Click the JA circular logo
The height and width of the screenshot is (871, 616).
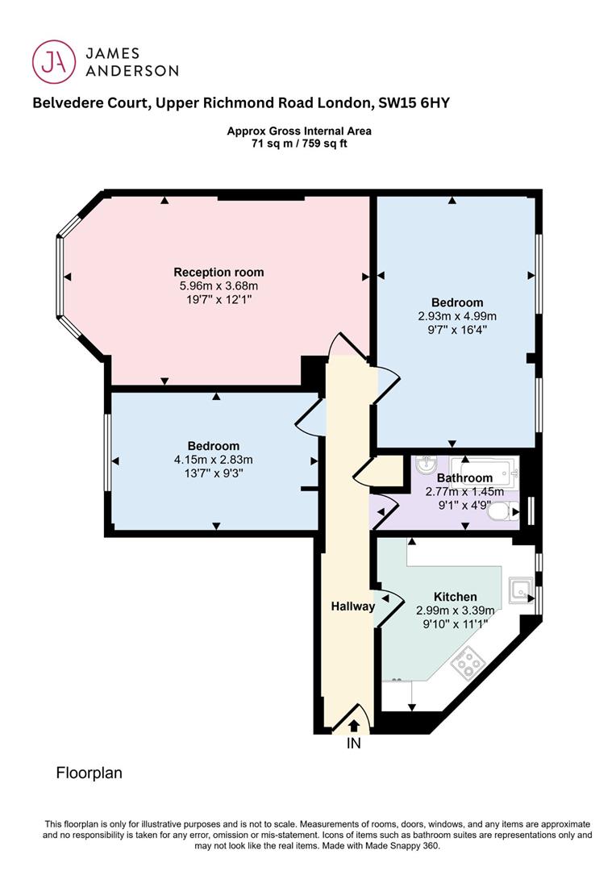[53, 61]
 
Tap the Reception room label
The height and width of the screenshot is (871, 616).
[219, 273]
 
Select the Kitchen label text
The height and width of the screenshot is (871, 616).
[455, 597]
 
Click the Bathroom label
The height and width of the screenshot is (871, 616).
[464, 477]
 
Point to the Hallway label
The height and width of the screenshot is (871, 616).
[352, 606]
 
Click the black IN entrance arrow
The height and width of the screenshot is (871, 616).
[354, 725]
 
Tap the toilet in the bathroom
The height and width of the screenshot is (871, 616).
[503, 511]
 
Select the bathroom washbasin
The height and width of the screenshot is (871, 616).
[427, 465]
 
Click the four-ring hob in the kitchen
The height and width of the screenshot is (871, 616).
[468, 662]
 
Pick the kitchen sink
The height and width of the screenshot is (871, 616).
[521, 590]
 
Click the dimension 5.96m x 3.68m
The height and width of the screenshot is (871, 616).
[219, 286]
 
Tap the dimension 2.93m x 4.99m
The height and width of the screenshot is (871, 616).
[457, 316]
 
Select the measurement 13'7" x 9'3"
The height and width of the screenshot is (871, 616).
[214, 473]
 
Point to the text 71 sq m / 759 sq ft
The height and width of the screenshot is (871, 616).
[299, 144]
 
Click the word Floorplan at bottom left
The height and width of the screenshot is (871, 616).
[89, 773]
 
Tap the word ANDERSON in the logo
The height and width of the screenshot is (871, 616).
[131, 70]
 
